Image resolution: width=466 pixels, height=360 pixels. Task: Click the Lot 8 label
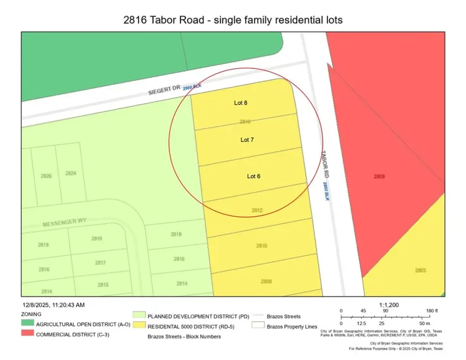coord(240,103)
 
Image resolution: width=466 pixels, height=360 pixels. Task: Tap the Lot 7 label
coord(247,140)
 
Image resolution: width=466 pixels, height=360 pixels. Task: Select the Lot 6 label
coord(253,176)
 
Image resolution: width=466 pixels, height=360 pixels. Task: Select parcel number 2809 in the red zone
coord(379,177)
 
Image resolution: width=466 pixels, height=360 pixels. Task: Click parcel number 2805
coord(420,270)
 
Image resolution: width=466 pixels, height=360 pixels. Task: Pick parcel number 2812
coord(257,210)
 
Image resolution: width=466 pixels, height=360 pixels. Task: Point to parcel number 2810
coord(261,246)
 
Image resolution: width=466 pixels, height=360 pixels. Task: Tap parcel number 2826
coord(46,176)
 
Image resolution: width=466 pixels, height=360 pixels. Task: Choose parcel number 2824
coord(71,174)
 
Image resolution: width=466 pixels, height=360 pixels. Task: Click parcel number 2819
coord(97,239)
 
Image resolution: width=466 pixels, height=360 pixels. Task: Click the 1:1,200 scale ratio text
coord(389,306)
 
